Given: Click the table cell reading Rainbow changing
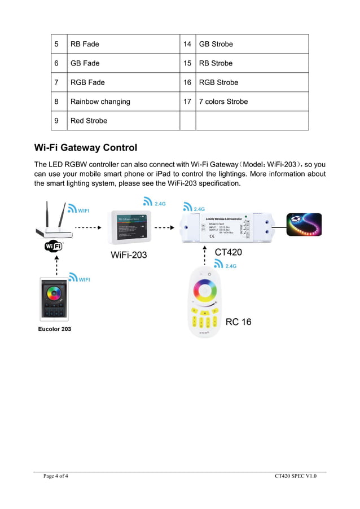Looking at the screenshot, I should tap(100, 102).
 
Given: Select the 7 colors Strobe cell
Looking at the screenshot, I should tap(223, 102).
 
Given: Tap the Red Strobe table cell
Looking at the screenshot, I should tap(89, 121).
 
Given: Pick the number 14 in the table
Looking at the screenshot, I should tap(187, 44).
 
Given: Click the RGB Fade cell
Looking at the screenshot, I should tap(87, 82).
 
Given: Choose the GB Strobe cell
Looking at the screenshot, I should tap(216, 44).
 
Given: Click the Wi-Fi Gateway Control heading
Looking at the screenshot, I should tap(86, 148).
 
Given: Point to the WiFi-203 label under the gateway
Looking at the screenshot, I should tap(129, 255).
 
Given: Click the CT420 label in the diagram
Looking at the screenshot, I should tap(229, 252).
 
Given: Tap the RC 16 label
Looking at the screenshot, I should tap(238, 322).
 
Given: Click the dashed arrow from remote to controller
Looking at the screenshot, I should tap(205, 253).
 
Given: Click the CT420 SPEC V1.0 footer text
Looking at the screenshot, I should tap(296, 476).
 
